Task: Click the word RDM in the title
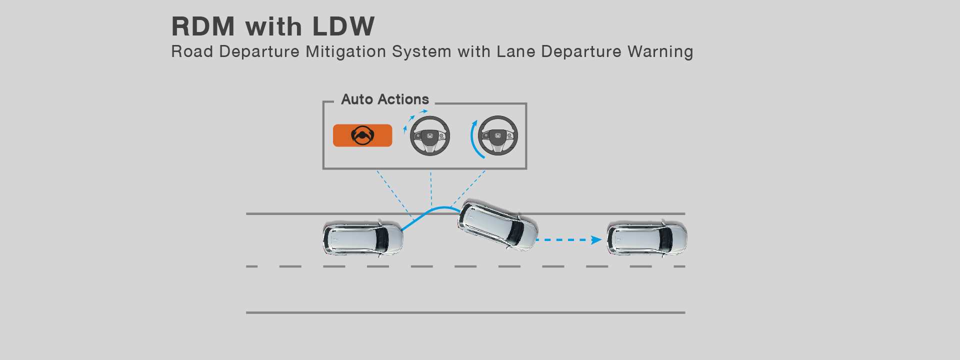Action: pos(203,26)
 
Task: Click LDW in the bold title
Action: pos(343,26)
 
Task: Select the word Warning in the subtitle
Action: pos(660,52)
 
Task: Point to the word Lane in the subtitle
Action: pos(516,51)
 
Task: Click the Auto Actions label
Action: pos(385,99)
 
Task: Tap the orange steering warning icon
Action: pos(362,135)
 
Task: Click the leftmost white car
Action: pos(363,238)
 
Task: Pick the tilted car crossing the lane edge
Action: pos(497,225)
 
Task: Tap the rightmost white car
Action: pos(647,238)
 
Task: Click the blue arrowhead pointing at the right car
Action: pos(596,240)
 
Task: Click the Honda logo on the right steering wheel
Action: pos(498,135)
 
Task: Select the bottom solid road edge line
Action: pos(465,313)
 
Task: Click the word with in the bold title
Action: pos(273,26)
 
